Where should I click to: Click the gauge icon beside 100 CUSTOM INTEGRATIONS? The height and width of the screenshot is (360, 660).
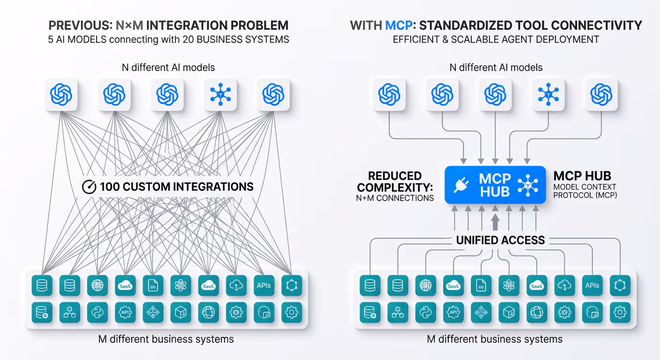coord(89,187)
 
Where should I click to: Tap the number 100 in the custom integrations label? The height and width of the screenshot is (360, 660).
coord(110,187)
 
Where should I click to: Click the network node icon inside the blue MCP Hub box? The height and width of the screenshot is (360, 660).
coord(527,185)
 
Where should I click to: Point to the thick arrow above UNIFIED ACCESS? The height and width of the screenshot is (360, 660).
coord(495,220)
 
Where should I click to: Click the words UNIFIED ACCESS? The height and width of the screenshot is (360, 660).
coord(501,240)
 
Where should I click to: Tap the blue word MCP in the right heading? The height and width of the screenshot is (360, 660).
coord(398,25)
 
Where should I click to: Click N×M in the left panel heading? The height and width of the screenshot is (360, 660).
coord(129,25)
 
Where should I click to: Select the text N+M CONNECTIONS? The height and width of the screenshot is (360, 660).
coord(395,198)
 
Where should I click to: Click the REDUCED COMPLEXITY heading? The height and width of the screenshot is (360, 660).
coord(395,182)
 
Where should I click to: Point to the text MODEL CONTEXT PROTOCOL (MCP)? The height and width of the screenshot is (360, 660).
coord(585,191)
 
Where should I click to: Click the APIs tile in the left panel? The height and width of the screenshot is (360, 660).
coord(264,285)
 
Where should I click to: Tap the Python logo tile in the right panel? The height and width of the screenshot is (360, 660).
coord(425,312)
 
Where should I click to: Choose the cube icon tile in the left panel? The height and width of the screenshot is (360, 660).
coord(181,312)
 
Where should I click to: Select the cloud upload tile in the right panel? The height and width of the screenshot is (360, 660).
coord(564,285)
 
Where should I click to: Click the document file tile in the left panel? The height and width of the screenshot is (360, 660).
coord(153,285)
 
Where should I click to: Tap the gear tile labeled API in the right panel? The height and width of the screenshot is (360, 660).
coord(453,312)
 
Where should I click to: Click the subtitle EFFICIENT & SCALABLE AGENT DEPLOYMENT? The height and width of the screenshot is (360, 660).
coord(496,39)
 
